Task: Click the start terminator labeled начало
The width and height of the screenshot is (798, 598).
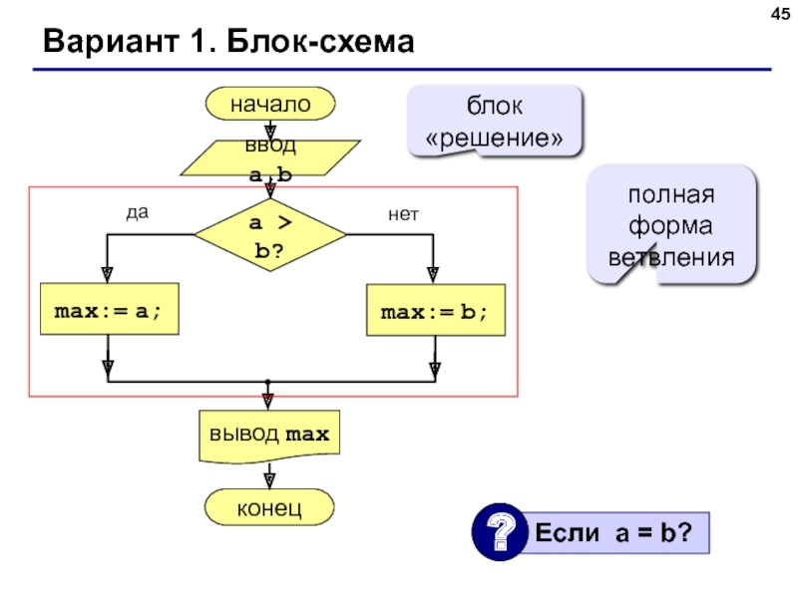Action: pos(269,103)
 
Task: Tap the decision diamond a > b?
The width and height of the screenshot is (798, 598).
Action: pos(269,235)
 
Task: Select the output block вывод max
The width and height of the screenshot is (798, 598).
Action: pos(269,436)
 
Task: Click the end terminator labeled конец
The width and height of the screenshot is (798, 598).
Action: pos(269,509)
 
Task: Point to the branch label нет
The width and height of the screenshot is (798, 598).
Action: pos(404,213)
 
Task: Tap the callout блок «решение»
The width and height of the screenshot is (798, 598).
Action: pos(493,121)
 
